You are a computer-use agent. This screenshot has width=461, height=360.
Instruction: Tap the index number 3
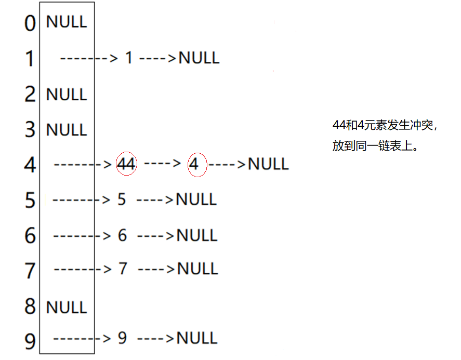pos(31,129)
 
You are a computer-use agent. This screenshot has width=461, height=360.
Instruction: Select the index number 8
pos(31,306)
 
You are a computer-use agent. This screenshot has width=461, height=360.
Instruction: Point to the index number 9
pos(31,341)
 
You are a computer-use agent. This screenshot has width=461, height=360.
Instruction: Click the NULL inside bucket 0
pos(67,22)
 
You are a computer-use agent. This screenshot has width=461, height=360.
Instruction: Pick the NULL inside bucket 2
pos(67,95)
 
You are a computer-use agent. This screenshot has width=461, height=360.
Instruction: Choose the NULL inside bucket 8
pos(67,307)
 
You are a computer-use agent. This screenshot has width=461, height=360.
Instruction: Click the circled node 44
pos(126,165)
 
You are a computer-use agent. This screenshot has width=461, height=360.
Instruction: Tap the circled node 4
pos(194,165)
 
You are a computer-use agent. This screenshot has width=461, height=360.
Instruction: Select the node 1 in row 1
pos(129,58)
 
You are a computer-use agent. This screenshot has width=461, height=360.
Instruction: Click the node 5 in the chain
pos(122,199)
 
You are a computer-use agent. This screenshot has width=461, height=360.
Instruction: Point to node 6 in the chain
pos(122,235)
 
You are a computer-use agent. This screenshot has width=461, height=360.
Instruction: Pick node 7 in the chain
pos(123,269)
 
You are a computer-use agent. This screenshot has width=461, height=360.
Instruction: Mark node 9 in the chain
pos(122,338)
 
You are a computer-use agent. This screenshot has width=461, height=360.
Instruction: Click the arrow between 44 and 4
pos(162,163)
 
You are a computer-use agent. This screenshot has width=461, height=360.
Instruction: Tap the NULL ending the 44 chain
pos(268,164)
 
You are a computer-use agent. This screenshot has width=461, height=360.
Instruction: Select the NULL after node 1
pos(199,58)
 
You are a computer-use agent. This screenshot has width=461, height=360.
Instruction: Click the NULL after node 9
pos(197,338)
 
